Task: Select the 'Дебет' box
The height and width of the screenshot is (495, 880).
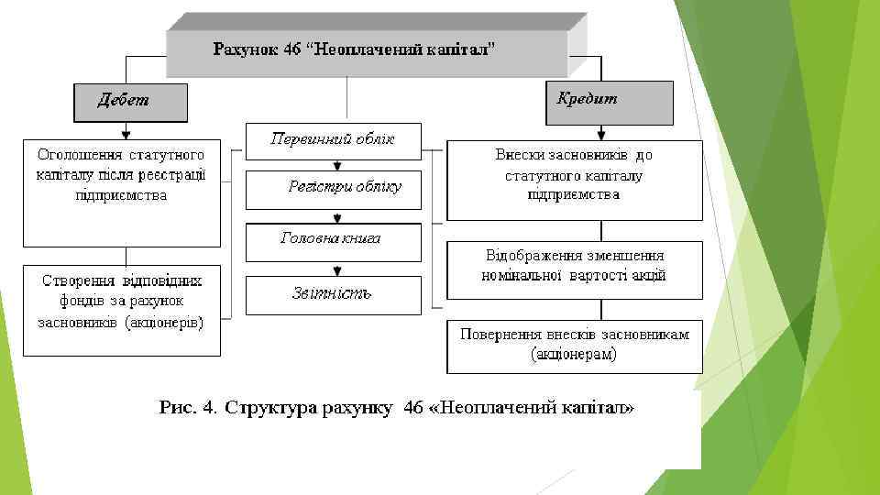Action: click(130, 102)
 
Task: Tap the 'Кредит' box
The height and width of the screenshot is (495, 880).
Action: click(610, 101)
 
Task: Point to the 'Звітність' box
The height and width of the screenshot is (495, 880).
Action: click(333, 293)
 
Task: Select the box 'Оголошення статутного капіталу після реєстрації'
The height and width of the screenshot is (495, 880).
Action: click(122, 192)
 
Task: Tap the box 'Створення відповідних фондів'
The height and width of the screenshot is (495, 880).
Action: click(122, 310)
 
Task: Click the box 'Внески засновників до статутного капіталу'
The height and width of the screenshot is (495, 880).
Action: click(575, 180)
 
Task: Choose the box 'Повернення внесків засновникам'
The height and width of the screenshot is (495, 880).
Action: click(575, 345)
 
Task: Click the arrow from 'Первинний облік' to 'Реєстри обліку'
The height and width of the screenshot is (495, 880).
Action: click(338, 166)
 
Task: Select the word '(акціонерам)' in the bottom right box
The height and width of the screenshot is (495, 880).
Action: click(574, 355)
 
